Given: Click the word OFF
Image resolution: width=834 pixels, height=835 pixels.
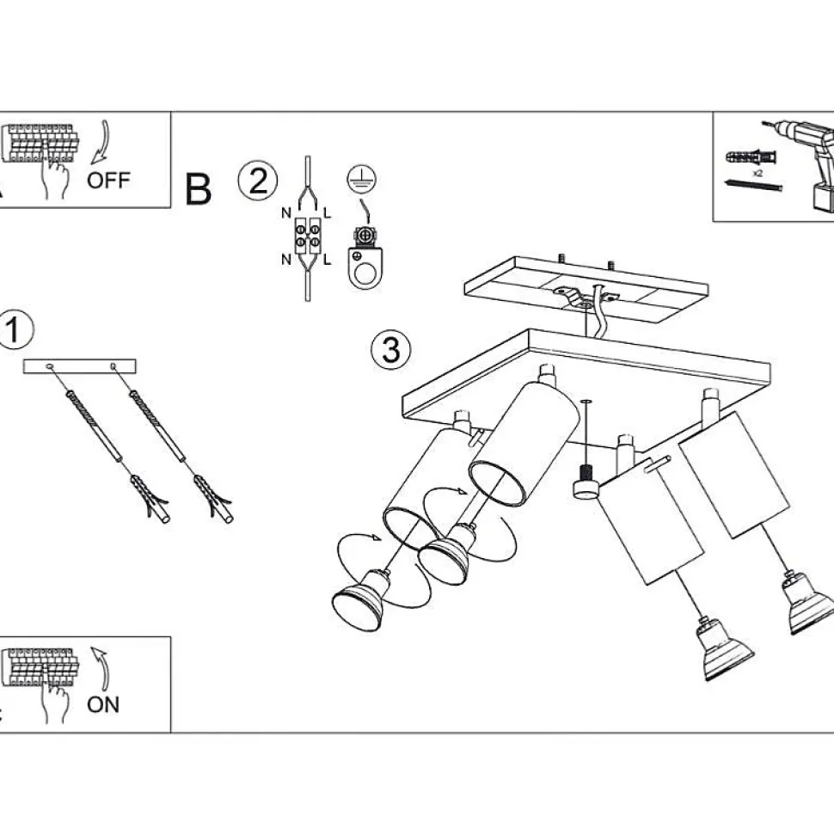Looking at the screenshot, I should pos(108,181).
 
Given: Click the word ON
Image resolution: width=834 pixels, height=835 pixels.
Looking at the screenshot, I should pos(103,705).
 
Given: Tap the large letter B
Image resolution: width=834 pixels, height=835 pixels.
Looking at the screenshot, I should pos(199,189).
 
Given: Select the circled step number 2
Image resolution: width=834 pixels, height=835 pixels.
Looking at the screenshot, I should pos(258,181).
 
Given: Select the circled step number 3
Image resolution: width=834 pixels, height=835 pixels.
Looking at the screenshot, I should pos(390,350).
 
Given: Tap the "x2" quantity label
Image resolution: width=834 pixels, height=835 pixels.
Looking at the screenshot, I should pos(758,173).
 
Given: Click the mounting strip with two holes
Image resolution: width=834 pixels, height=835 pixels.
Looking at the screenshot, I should pos(80,366).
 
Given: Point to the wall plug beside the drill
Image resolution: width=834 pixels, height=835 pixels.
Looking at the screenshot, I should pos(751,157).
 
